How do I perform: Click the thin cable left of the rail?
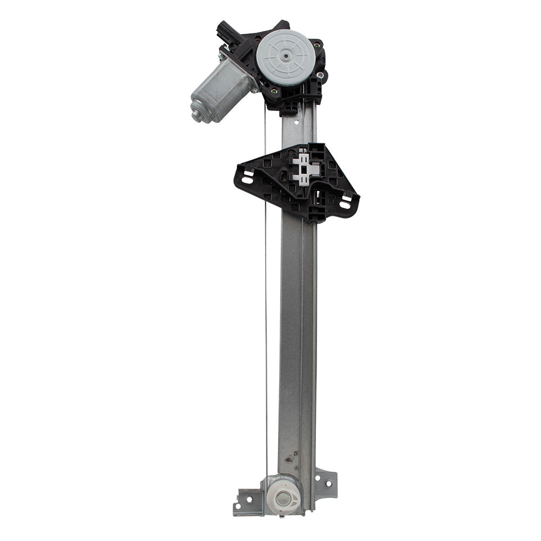pyautogui.click(x=266, y=298)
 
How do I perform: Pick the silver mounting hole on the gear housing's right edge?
pyautogui.click(x=321, y=75)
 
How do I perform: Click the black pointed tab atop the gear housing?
pyautogui.click(x=282, y=24)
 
